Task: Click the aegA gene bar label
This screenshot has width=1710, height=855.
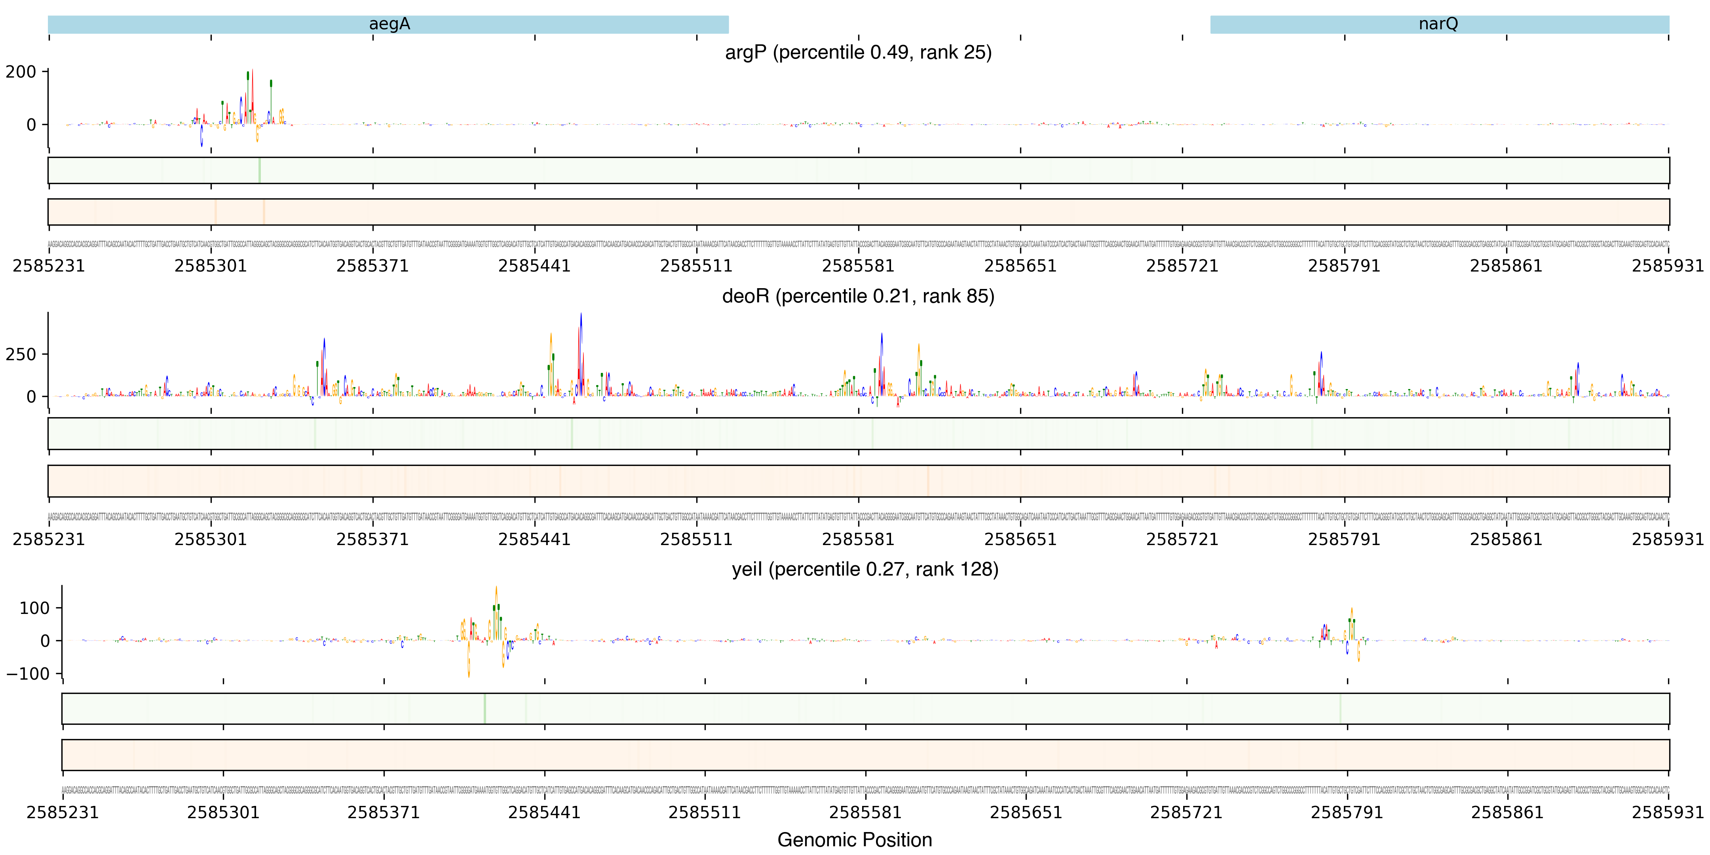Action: [x=389, y=24]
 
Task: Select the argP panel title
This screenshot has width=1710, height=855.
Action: [x=858, y=52]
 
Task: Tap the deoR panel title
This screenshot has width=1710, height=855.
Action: [x=858, y=296]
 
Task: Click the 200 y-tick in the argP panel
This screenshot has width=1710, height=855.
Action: [x=21, y=72]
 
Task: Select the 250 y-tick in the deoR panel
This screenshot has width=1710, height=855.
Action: [x=21, y=355]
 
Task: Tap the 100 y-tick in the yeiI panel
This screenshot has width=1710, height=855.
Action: [x=34, y=608]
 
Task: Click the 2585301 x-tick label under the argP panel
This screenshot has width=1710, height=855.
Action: [x=211, y=266]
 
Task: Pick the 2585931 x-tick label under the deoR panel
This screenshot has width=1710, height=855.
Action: [x=1668, y=540]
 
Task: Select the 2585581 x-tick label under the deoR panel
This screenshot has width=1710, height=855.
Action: [x=858, y=540]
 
